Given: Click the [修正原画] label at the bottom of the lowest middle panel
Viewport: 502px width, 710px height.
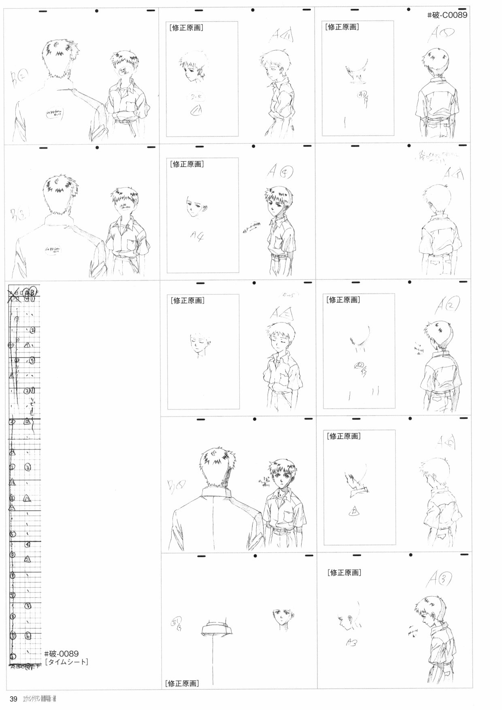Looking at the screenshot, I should pyautogui.click(x=182, y=683).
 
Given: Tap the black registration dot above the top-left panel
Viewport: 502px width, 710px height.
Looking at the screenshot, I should pyautogui.click(x=96, y=11).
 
